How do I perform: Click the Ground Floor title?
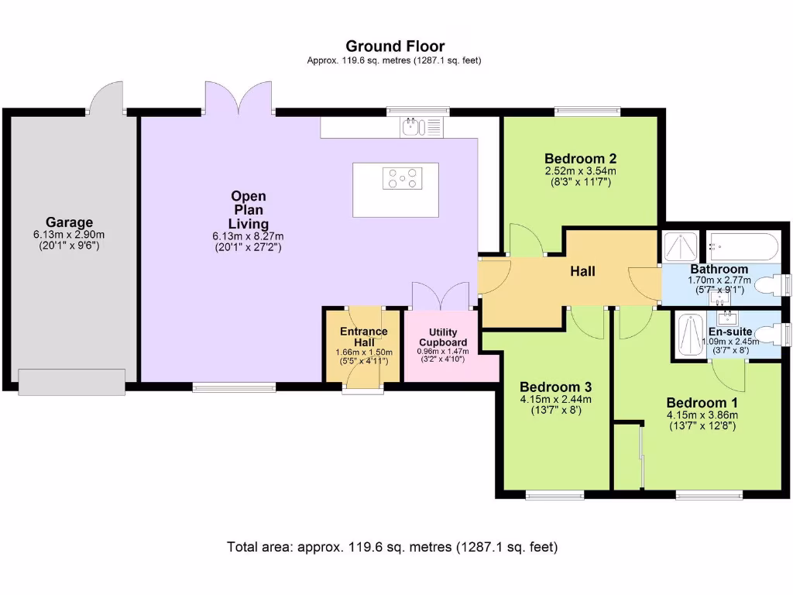click(395, 46)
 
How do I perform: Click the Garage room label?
click(69, 222)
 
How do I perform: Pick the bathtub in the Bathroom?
click(742, 246)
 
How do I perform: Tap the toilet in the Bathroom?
click(771, 285)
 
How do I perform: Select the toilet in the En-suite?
click(771, 335)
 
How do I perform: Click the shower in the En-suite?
click(688, 335)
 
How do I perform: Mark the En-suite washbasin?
click(727, 318)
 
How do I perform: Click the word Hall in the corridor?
click(583, 270)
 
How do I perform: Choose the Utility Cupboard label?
click(442, 337)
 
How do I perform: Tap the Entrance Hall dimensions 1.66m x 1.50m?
click(364, 353)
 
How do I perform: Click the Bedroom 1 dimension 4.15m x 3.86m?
click(702, 414)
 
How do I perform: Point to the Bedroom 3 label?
click(554, 387)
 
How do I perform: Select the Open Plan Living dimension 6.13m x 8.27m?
click(248, 237)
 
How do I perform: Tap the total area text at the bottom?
click(392, 547)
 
